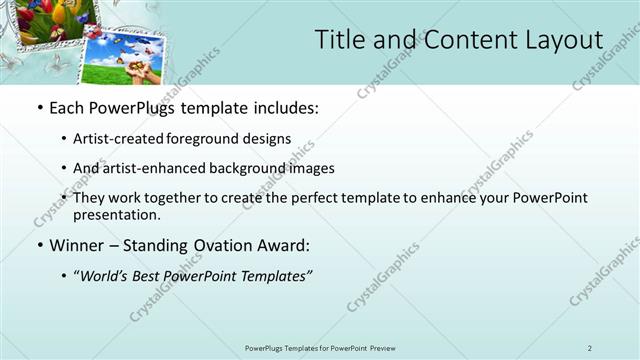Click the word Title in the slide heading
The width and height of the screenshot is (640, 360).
pyautogui.click(x=342, y=40)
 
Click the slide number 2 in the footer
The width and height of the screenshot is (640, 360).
pyautogui.click(x=590, y=348)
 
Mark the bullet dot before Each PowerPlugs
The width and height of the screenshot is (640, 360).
pyautogui.click(x=39, y=108)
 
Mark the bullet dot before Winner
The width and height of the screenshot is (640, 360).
pyautogui.click(x=39, y=244)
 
